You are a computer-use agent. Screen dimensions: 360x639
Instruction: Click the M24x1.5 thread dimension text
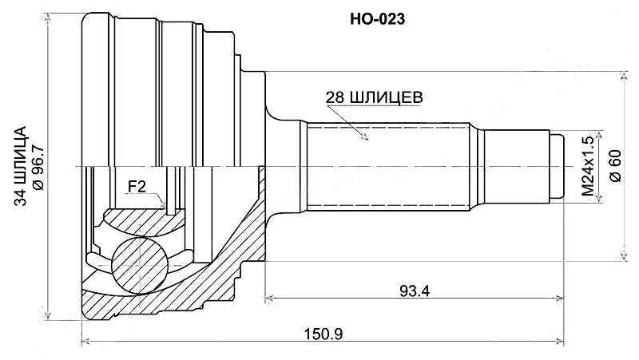[x=589, y=167]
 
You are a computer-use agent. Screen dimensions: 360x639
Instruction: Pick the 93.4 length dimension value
[x=415, y=291]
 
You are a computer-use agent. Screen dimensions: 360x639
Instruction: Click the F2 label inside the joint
[x=137, y=188]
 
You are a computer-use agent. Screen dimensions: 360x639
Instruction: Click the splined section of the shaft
[x=383, y=167]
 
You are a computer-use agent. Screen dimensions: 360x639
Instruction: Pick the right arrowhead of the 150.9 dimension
[x=562, y=344]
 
